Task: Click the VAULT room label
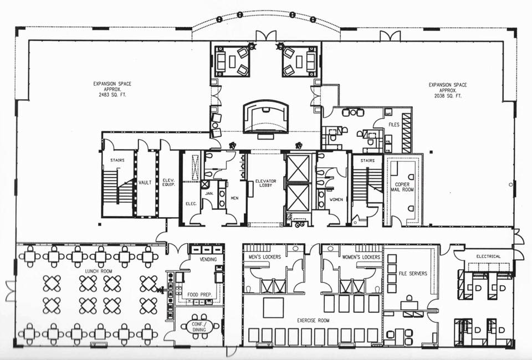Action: (145, 183)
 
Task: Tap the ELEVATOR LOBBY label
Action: (265, 183)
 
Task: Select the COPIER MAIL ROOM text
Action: (403, 187)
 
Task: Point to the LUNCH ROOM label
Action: (99, 271)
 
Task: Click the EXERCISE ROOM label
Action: (313, 320)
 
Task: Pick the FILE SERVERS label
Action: (413, 273)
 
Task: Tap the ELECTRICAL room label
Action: (488, 256)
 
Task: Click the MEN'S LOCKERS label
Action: (265, 257)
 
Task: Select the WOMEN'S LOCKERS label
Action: (361, 258)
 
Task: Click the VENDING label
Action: (208, 259)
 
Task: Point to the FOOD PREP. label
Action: (200, 295)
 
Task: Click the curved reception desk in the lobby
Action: (266, 117)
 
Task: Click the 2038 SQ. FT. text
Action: (448, 96)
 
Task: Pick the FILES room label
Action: (394, 125)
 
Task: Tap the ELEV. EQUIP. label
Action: (168, 182)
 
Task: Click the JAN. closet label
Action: (209, 193)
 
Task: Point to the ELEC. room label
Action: (191, 204)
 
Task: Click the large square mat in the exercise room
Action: (273, 307)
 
